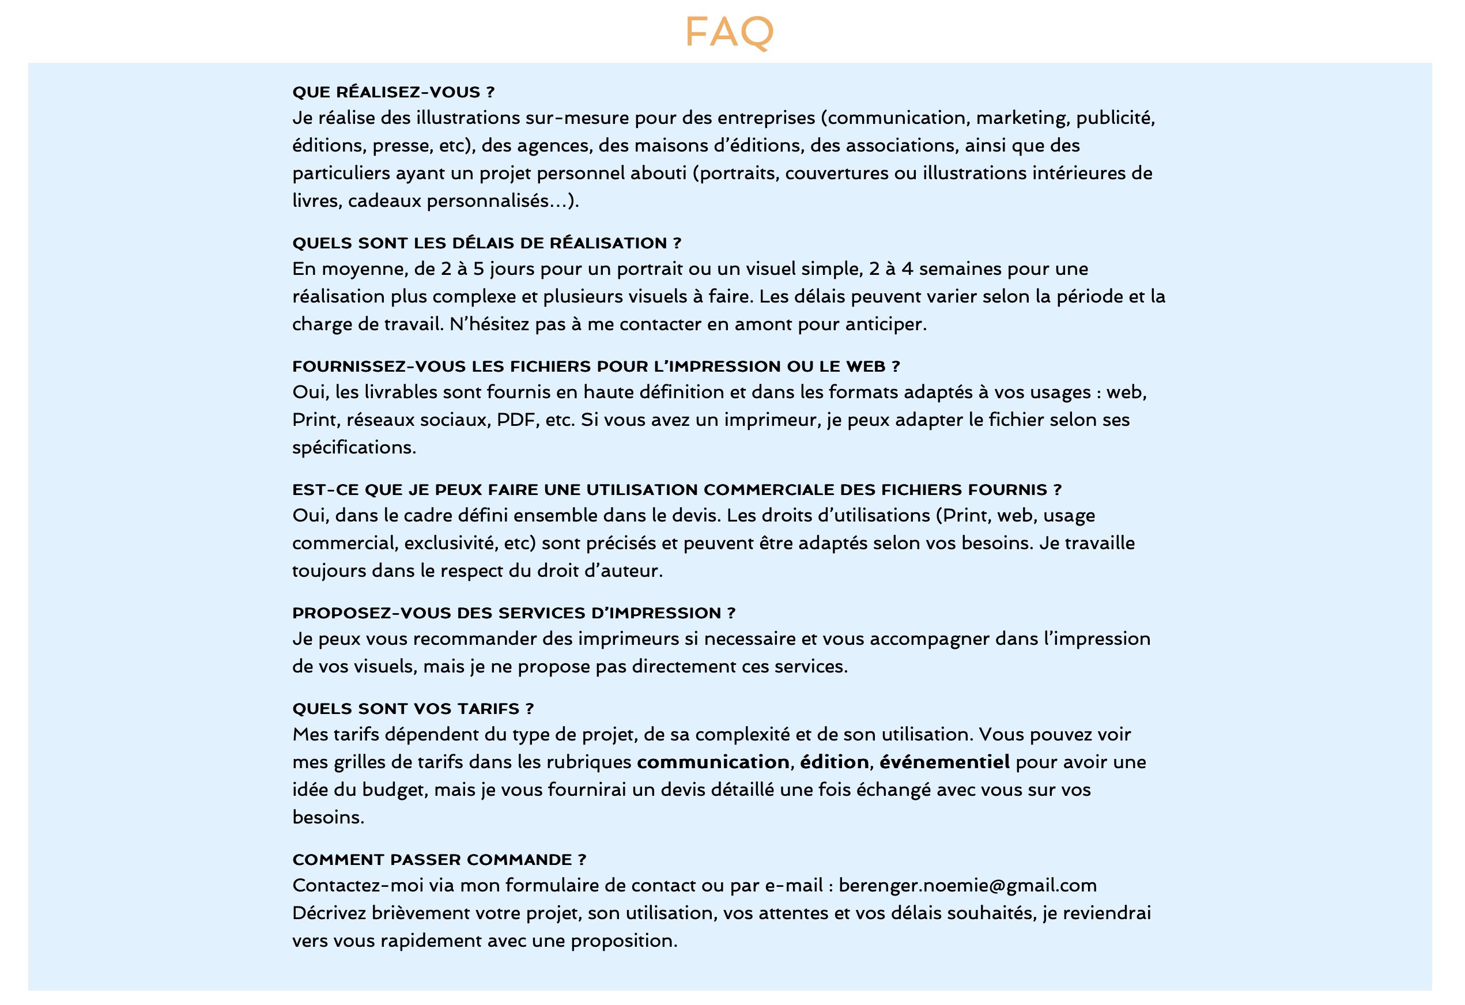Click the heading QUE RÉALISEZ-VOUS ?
[394, 92]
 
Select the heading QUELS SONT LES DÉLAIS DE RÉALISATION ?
[486, 243]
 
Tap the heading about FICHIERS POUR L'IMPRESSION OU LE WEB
[596, 367]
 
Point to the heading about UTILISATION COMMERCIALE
[677, 490]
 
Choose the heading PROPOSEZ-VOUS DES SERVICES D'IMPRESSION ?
[513, 613]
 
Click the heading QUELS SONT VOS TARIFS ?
[413, 709]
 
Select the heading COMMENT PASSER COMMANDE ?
[439, 860]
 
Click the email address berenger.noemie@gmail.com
[967, 886]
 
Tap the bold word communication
[713, 762]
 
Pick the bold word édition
[835, 762]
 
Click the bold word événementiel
[945, 762]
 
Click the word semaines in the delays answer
[960, 269]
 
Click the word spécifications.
[354, 448]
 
